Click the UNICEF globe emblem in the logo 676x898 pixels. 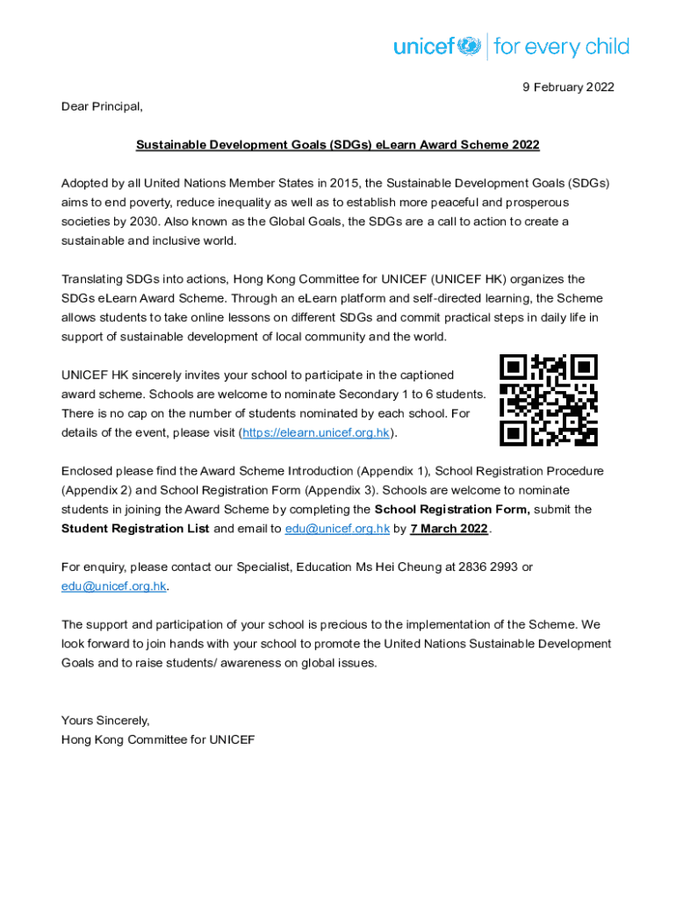coord(471,45)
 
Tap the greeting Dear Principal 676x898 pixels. coord(101,106)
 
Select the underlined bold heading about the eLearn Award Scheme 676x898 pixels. coord(337,145)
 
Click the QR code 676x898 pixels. coord(548,400)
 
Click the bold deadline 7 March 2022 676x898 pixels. coord(449,528)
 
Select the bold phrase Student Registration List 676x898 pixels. coord(135,528)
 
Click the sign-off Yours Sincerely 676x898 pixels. coord(105,720)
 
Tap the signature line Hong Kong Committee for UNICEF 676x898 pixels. coord(158,739)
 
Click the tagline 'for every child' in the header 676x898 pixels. coord(561,46)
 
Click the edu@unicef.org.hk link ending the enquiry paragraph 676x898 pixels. coord(113,586)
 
